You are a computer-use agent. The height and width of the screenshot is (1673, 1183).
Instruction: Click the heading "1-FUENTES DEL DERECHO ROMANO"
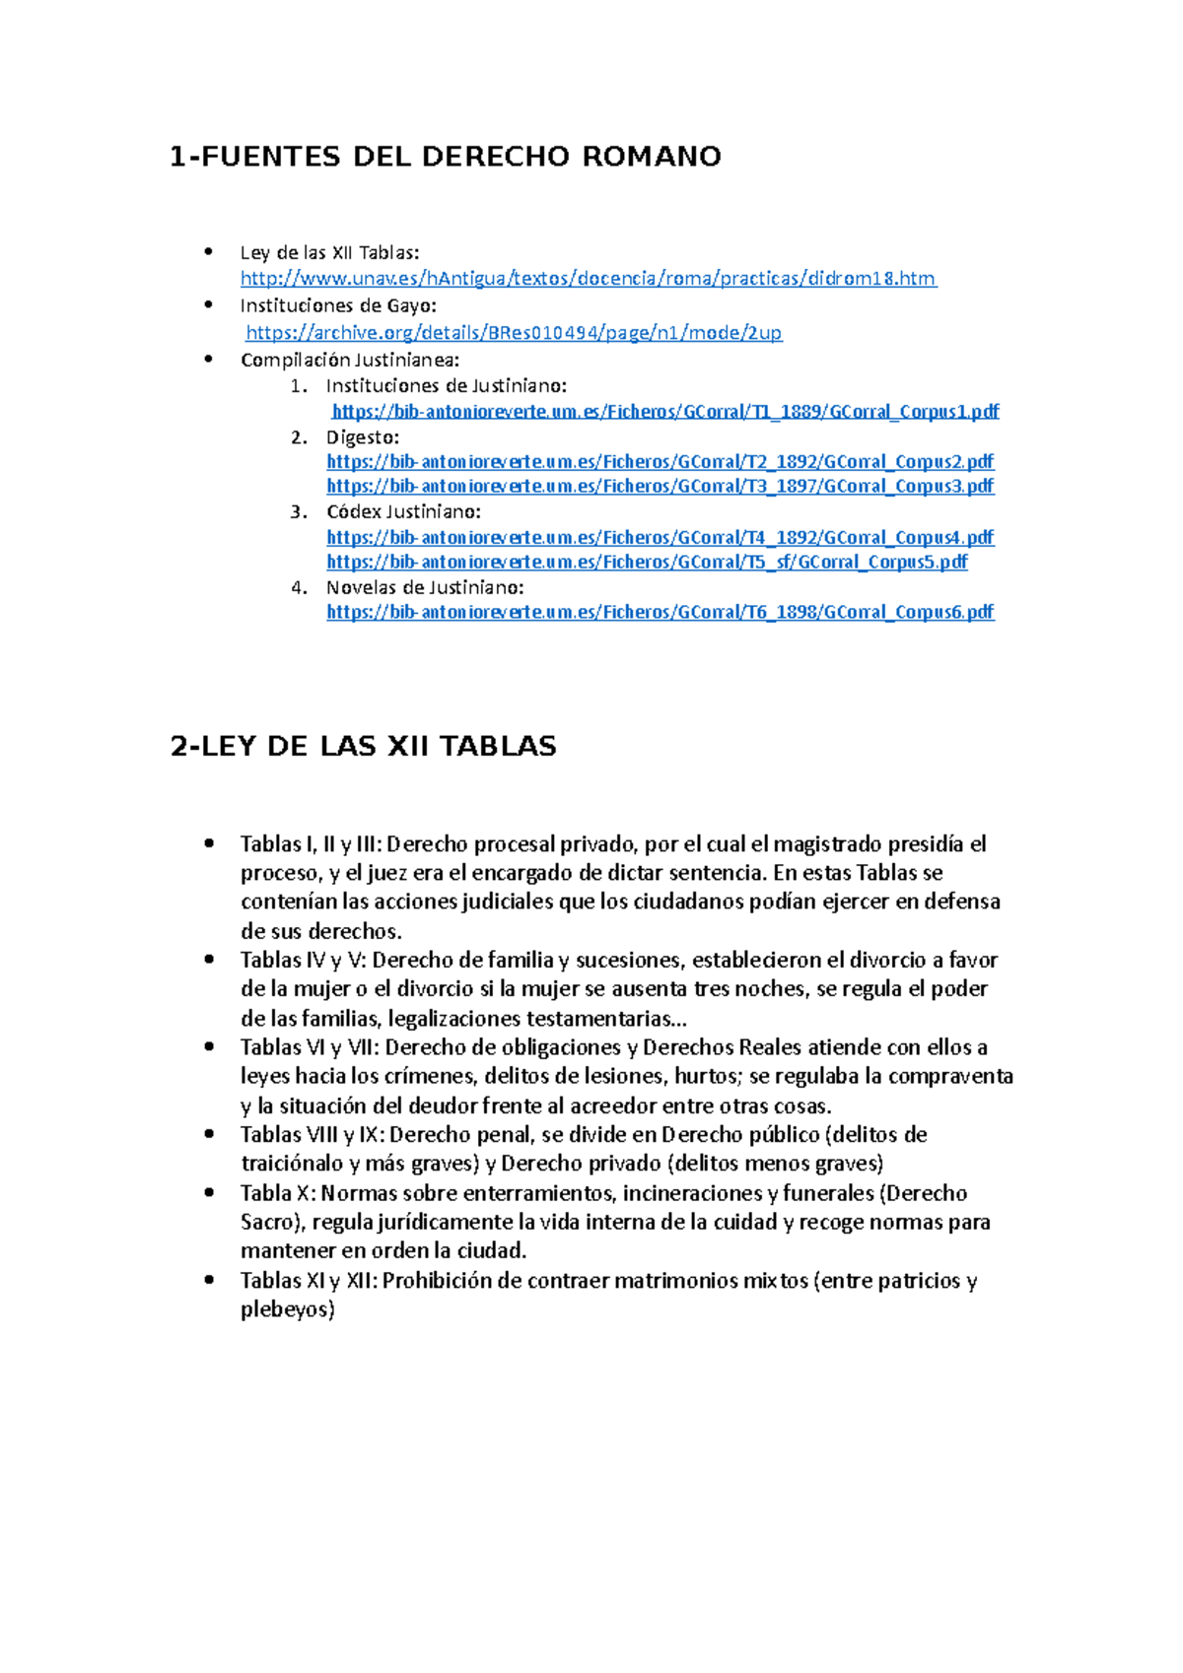pos(445,157)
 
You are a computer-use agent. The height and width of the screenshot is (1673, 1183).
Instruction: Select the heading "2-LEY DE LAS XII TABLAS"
pos(363,746)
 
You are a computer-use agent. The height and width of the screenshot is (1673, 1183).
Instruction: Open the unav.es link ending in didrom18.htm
pos(588,279)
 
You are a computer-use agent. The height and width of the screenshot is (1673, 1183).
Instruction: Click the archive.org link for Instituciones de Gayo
pos(513,333)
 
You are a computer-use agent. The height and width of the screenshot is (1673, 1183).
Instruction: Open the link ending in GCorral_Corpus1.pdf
pos(665,412)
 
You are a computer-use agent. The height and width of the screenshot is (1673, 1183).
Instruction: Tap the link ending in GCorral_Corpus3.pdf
pos(660,486)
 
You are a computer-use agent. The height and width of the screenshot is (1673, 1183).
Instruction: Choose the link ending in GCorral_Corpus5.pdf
pos(647,562)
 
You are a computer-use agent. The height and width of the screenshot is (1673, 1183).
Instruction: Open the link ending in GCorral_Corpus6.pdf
pos(660,612)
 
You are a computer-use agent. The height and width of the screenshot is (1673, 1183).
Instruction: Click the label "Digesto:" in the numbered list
pos(362,437)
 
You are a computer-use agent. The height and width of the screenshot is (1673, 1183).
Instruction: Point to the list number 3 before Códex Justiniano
pos(298,512)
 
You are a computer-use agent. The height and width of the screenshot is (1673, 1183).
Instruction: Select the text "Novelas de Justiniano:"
pos(425,587)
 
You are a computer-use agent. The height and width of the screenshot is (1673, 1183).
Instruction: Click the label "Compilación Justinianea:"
pos(350,360)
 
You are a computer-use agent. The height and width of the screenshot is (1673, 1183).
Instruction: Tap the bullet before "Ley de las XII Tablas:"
pos(208,252)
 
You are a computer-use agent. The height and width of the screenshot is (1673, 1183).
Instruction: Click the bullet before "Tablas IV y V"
pos(208,959)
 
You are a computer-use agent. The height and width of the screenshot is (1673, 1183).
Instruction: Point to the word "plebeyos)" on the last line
pos(287,1309)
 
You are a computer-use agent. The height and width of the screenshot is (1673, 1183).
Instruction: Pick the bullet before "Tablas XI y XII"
pos(208,1280)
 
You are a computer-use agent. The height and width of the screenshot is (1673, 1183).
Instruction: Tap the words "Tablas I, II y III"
pos(311,844)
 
